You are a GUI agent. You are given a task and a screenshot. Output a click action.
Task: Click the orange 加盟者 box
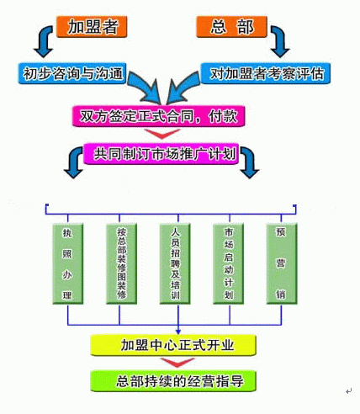tap(92, 27)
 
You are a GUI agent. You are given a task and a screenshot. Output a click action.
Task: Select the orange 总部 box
tap(231, 27)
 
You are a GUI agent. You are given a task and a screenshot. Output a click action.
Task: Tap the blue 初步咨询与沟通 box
tap(72, 73)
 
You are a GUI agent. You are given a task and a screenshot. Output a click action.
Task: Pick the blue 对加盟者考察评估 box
tap(266, 73)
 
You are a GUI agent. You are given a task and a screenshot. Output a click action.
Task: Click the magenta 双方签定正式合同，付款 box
tap(159, 116)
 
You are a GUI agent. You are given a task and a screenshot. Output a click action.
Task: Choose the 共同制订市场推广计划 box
tap(161, 154)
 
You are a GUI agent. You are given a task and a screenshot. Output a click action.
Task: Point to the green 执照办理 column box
tap(68, 263)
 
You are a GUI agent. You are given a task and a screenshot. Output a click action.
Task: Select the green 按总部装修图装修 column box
tap(121, 263)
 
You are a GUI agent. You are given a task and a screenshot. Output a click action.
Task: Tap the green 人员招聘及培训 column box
tap(175, 263)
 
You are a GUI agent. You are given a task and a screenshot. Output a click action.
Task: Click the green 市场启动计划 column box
tap(228, 263)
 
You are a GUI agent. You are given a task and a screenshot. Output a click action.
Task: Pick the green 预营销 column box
tap(282, 263)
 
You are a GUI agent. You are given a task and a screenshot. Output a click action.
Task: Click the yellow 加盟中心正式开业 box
tap(173, 345)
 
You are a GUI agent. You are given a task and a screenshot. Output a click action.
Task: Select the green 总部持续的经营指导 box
tap(173, 381)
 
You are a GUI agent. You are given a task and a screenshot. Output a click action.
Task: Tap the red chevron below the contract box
tap(162, 134)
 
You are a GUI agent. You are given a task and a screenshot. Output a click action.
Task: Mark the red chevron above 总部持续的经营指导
tap(177, 363)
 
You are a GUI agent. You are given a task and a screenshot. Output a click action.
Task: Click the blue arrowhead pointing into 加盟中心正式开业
tap(178, 332)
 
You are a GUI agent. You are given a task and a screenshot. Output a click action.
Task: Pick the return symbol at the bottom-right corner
tap(348, 391)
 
